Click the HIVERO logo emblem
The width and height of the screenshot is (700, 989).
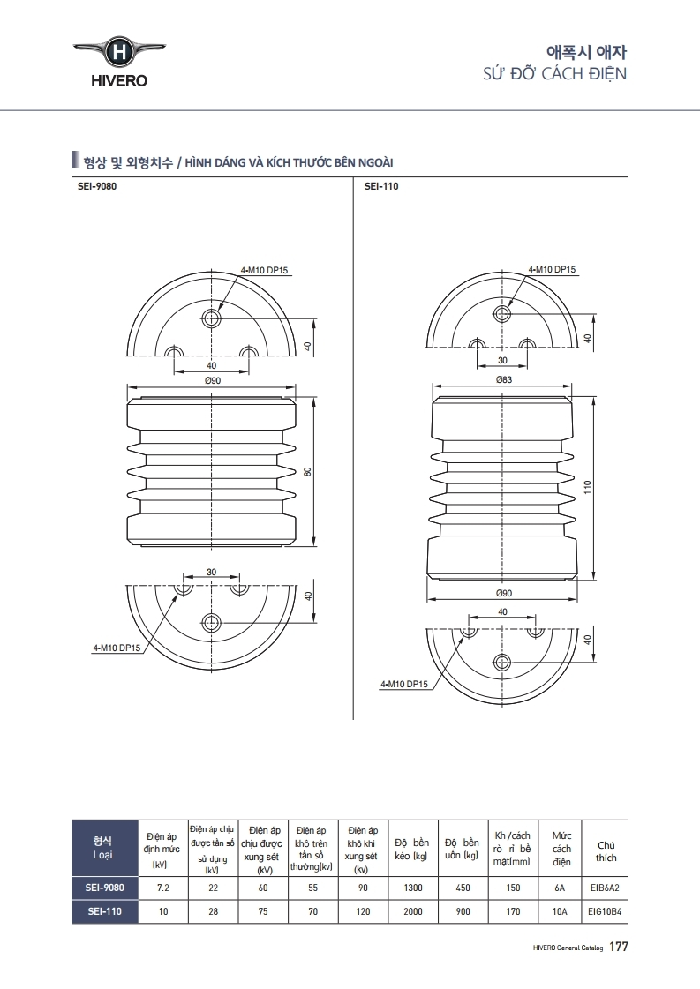click(118, 53)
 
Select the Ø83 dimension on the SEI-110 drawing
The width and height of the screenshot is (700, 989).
click(504, 379)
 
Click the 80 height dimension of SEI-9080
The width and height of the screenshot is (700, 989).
click(308, 471)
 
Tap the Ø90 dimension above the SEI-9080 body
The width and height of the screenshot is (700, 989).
click(212, 379)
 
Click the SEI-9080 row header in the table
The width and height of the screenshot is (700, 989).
click(103, 888)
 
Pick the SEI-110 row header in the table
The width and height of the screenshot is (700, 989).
click(103, 912)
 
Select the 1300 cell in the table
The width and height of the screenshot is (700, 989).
click(412, 888)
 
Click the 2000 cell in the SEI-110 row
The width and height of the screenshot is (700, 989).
click(412, 912)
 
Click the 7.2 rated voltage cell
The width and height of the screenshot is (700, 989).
click(162, 888)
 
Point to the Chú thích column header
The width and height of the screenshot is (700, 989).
click(606, 850)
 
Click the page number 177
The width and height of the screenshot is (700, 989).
click(618, 947)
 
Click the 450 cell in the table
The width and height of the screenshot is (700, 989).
click(463, 888)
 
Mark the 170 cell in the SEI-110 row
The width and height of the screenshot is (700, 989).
click(513, 912)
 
